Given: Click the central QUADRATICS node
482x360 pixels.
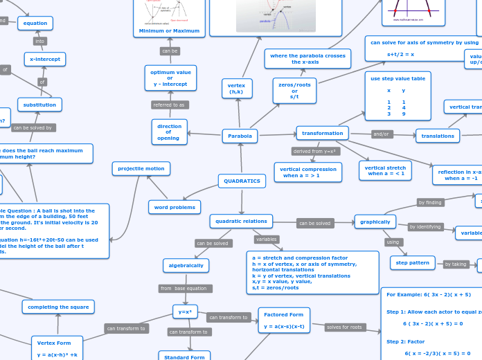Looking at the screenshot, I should point(242,181).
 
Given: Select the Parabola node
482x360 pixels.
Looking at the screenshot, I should point(240,136).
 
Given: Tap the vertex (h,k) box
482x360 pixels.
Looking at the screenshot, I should point(237,89).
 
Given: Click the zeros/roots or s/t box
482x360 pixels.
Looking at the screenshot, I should point(294,91).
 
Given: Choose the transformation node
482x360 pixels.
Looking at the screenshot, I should point(322,133).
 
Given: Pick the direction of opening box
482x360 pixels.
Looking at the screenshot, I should point(169,132).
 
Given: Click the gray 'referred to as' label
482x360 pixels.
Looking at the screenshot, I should point(169,105).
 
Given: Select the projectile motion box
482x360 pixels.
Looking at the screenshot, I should point(141,168).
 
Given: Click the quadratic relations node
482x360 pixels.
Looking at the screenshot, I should point(241,221).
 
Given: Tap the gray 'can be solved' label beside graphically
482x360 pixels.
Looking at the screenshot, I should point(314,223).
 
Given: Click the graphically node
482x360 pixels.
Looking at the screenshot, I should point(375,222).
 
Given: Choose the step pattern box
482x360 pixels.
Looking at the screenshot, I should point(413,262).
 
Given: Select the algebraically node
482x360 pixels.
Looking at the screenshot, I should point(186,265).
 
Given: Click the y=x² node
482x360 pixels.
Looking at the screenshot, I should point(185,312).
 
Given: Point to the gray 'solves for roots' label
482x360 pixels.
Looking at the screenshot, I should point(345,327).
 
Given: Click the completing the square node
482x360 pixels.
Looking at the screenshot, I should point(58,307).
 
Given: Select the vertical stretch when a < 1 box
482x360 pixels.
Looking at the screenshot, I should point(385,170).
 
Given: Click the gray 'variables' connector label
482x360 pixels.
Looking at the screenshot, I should point(266,239).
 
